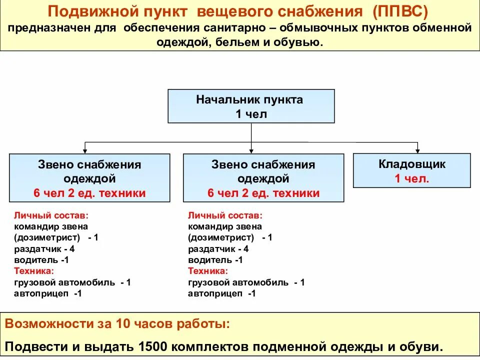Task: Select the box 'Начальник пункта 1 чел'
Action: tap(251, 106)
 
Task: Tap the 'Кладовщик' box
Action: tap(411, 170)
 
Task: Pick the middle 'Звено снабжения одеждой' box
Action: tap(263, 178)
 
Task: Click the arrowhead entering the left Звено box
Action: tap(85, 150)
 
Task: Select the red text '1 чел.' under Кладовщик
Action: tap(411, 178)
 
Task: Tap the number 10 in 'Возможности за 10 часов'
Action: tap(124, 323)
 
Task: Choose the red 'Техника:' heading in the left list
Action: tap(33, 271)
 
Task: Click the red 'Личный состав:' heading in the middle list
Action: tap(225, 215)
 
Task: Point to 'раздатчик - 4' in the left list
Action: tap(44, 248)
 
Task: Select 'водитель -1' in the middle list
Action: tap(215, 260)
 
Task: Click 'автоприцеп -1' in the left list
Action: tap(48, 293)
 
